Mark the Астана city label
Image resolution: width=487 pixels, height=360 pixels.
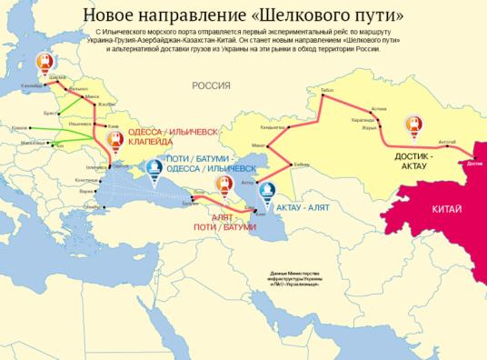(x=379, y=108)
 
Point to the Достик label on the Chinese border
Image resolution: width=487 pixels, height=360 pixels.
(x=472, y=164)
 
